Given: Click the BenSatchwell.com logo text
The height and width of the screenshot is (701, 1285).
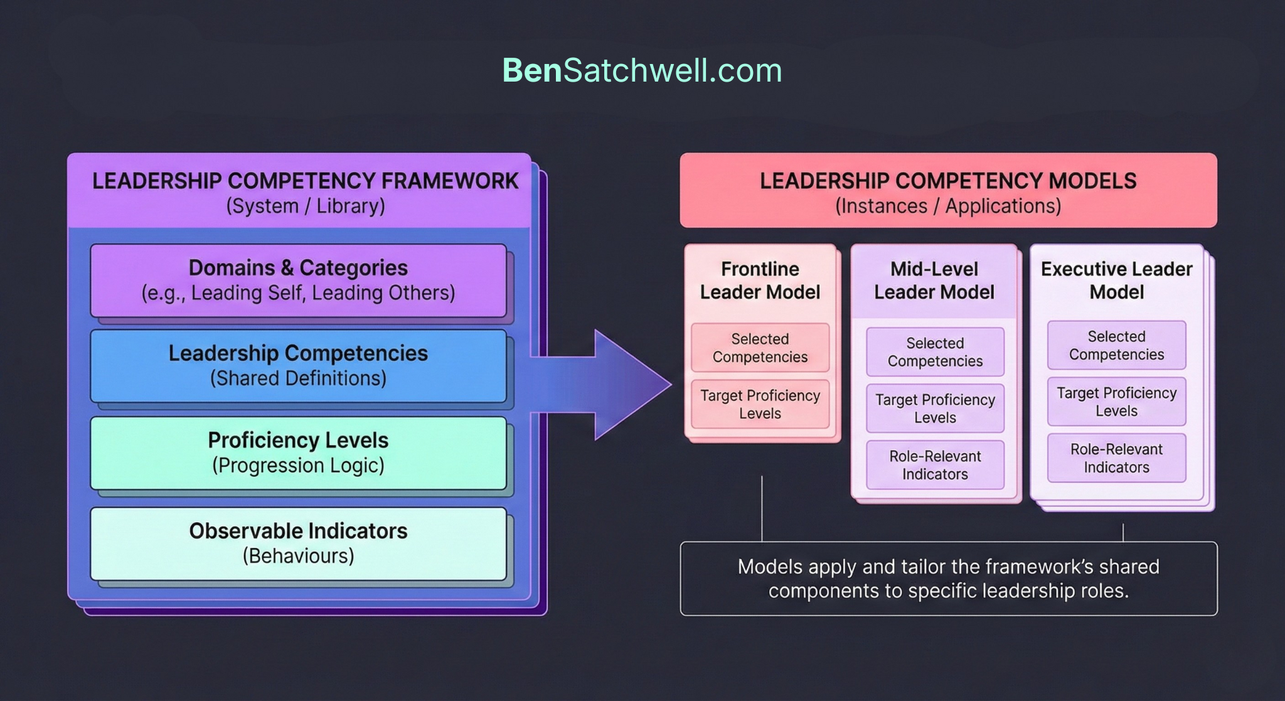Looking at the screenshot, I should click(642, 70).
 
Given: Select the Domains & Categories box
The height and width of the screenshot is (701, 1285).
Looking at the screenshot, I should click(298, 280).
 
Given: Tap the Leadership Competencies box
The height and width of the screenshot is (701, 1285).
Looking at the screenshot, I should click(298, 366).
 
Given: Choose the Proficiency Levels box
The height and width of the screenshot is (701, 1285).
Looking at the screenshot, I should click(298, 452).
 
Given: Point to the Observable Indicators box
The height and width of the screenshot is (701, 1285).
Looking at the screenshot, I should click(298, 543).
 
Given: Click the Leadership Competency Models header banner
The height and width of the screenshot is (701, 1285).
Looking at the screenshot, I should click(948, 190).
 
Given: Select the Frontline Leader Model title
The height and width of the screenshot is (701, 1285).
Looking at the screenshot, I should click(760, 281).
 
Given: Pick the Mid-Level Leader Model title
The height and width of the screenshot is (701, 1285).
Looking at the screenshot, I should click(934, 281).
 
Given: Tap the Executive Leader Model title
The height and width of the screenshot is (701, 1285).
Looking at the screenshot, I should click(1116, 281).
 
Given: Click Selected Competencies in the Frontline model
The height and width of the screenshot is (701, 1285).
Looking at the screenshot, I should click(760, 348).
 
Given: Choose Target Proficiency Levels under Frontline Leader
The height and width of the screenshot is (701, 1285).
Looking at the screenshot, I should click(760, 404).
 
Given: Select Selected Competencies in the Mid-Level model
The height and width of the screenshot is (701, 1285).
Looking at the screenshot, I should click(935, 352).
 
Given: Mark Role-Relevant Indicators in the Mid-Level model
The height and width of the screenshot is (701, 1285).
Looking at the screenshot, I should click(935, 465).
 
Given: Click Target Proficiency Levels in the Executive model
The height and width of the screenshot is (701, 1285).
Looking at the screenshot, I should click(1116, 402).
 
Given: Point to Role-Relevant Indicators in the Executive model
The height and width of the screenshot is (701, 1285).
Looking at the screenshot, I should click(1116, 458).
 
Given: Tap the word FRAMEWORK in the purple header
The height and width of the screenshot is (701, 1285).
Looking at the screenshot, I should click(449, 181).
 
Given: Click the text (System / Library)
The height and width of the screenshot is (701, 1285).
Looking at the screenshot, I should click(306, 206).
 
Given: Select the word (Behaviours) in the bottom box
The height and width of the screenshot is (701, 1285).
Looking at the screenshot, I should click(298, 556).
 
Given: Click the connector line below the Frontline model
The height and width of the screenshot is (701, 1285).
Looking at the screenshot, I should click(762, 508).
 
